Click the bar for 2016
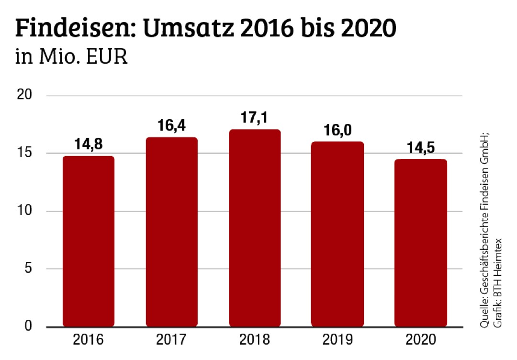pos(89,241)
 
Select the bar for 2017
pos(171,232)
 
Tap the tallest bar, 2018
pos(254,228)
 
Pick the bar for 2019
pos(337,234)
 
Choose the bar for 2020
pos(420,243)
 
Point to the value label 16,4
pos(171,127)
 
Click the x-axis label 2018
pos(254,341)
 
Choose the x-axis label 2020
pos(420,341)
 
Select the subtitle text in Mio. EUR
pos(71,58)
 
